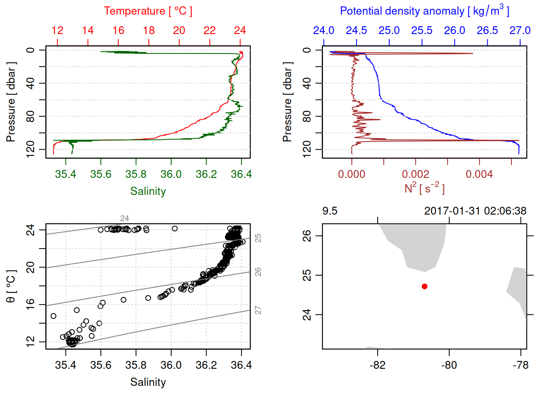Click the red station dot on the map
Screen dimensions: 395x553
(x=425, y=286)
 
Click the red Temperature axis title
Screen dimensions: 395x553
(x=148, y=11)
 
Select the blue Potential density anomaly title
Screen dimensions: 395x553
(x=424, y=11)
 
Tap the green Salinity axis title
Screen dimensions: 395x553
(x=148, y=191)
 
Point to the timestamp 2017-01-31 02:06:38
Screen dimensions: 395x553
(x=475, y=211)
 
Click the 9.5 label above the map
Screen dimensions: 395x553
(x=330, y=211)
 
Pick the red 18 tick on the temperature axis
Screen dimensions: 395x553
(x=149, y=30)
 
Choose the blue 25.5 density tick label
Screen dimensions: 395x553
(x=422, y=30)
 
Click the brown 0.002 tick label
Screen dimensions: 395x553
(x=415, y=174)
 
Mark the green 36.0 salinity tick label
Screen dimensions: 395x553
(x=171, y=174)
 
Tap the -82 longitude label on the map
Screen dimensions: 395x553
(x=377, y=365)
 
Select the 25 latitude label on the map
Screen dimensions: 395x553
(x=307, y=275)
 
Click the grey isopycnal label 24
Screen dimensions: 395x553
(x=124, y=218)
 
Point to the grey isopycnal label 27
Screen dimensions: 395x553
(x=258, y=310)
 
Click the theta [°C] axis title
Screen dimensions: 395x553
(x=11, y=286)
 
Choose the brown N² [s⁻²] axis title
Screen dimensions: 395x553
(x=424, y=188)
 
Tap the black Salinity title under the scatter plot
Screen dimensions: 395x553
(x=148, y=382)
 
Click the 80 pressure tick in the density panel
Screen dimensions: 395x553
(x=307, y=117)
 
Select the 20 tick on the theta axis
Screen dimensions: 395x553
(x=30, y=267)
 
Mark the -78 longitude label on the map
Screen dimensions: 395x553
(x=520, y=365)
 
